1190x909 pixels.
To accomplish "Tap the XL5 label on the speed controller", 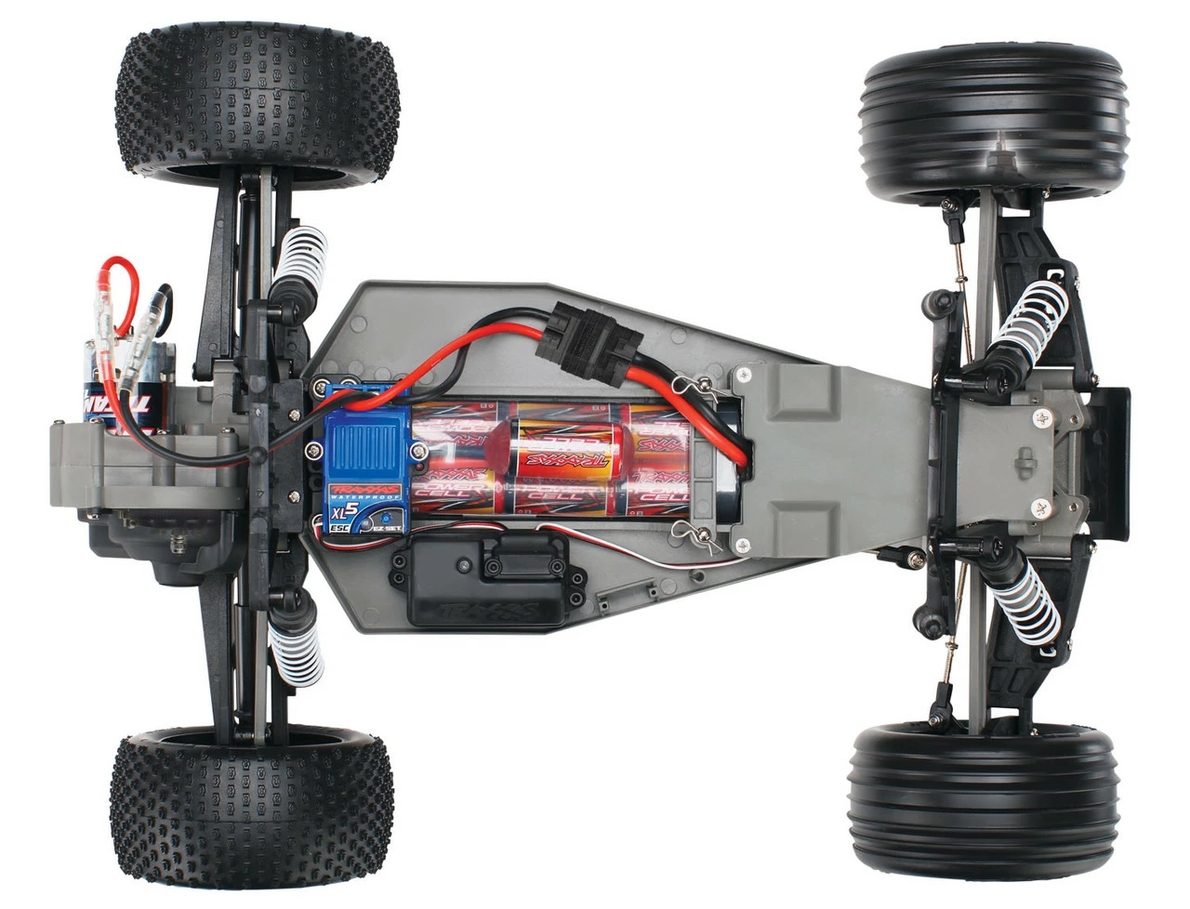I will point(340,511).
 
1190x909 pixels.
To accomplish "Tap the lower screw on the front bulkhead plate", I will point(1040,507).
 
